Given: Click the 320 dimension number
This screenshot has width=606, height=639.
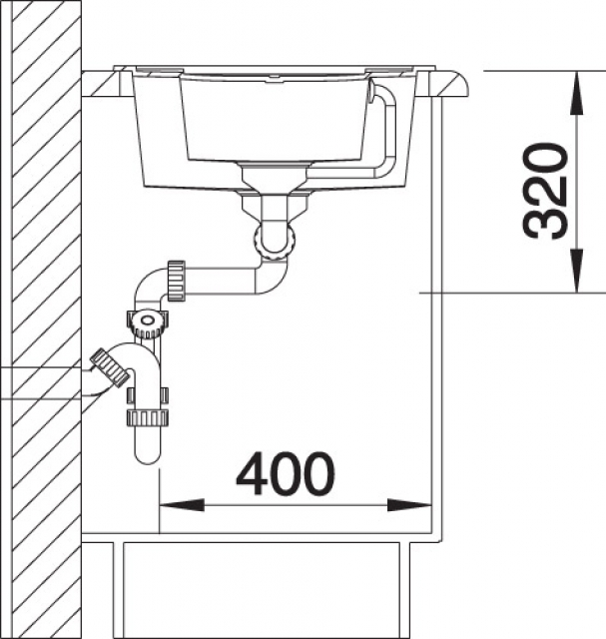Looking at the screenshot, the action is [545, 190].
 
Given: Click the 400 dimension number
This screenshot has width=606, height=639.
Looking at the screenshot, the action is [285, 474].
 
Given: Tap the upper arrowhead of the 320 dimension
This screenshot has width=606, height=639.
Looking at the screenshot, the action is [577, 93].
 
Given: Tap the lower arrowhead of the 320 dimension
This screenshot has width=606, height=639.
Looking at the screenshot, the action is [577, 271].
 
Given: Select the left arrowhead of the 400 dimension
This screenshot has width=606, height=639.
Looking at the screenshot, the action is [182, 505].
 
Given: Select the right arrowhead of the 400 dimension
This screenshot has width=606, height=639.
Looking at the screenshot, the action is [408, 505].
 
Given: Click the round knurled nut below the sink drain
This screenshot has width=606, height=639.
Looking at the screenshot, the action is [274, 244].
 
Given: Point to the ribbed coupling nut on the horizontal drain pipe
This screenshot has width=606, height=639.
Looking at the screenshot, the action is [176, 282].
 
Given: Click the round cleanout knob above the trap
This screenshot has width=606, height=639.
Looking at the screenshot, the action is [147, 322].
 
